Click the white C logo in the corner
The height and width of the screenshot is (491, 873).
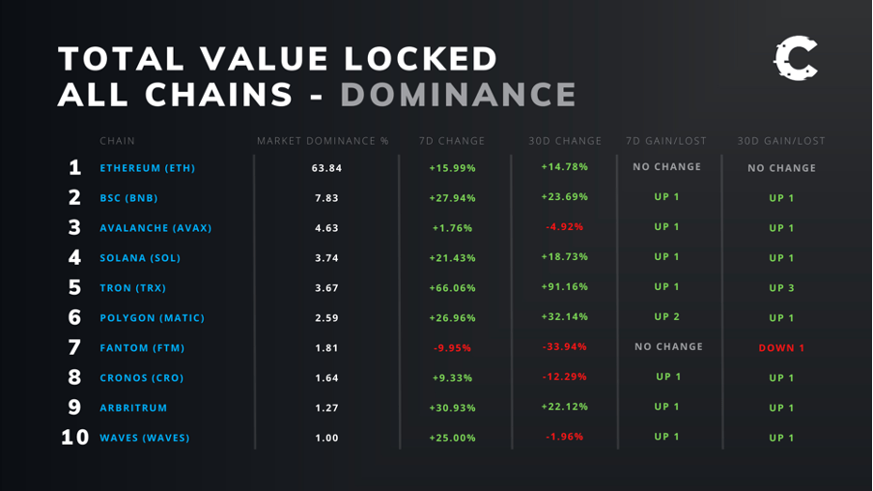[795, 60]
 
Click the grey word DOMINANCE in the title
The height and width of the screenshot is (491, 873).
[459, 95]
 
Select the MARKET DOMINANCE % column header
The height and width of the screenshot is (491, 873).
[323, 141]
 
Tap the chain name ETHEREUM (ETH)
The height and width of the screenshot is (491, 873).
[147, 168]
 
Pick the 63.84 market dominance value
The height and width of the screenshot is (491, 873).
[326, 168]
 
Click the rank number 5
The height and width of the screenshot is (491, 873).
[74, 288]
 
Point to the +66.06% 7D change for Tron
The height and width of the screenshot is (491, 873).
[452, 288]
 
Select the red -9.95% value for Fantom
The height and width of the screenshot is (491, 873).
[452, 348]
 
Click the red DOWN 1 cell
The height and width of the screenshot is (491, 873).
[781, 348]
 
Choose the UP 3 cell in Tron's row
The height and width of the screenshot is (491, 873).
[781, 288]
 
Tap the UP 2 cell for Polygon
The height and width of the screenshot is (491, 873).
[666, 317]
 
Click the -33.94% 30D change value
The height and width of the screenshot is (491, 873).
[564, 347]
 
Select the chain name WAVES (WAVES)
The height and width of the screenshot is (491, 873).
[145, 438]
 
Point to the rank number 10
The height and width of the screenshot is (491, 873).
[74, 438]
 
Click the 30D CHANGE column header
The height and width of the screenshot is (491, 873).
[565, 141]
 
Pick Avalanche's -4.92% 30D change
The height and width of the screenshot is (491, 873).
[564, 227]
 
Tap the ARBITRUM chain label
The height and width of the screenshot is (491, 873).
[133, 408]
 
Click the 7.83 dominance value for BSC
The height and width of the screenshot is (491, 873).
[326, 198]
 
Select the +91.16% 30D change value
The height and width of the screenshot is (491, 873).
[564, 287]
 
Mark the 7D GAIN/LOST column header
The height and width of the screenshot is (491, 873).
[666, 141]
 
